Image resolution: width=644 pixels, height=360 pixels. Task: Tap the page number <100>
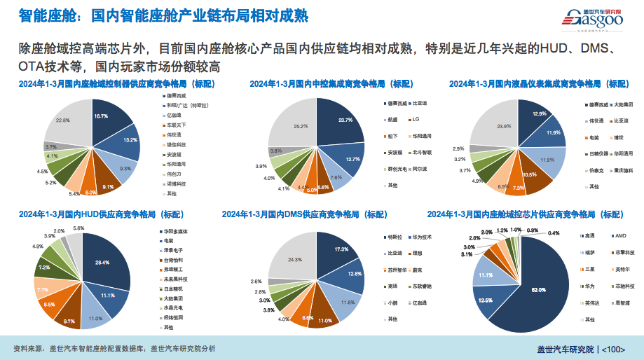click(x=613, y=348)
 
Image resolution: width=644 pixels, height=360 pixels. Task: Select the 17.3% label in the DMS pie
click(x=342, y=249)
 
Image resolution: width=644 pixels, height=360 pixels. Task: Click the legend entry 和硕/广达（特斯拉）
click(x=186, y=104)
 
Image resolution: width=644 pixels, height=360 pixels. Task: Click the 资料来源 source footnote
click(x=116, y=348)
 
